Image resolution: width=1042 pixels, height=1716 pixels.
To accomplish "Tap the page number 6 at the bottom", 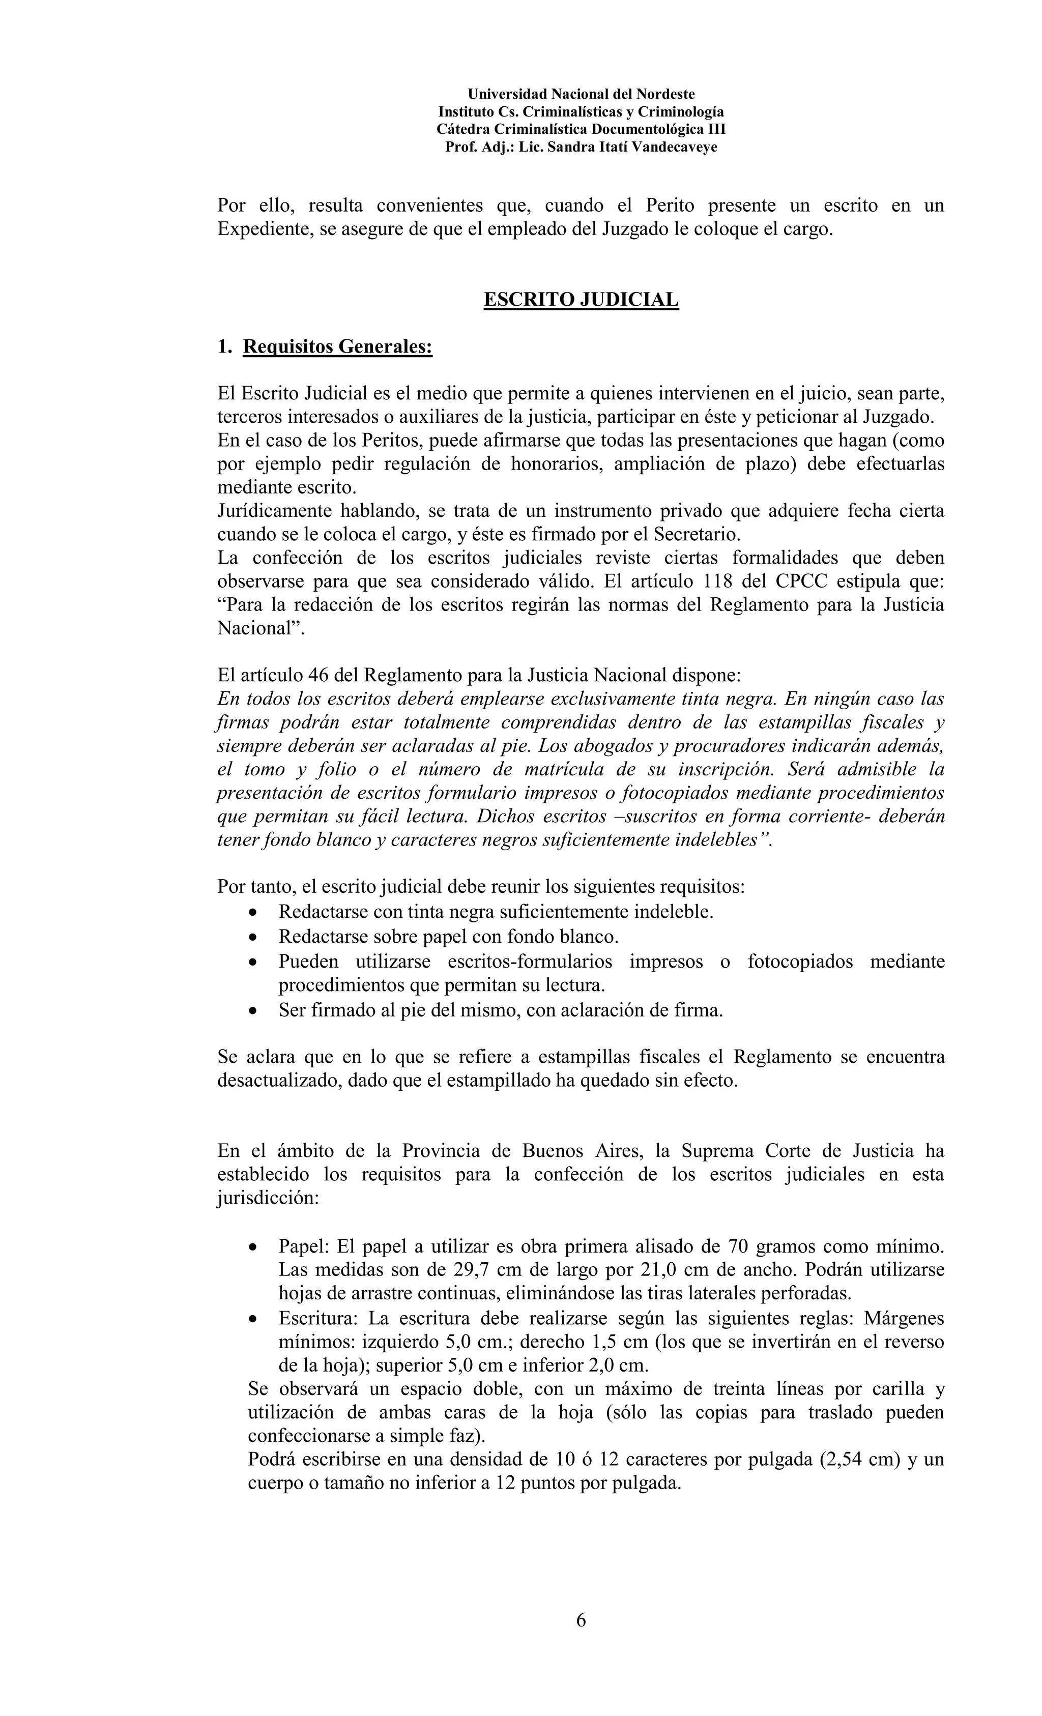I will coord(581,1620).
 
